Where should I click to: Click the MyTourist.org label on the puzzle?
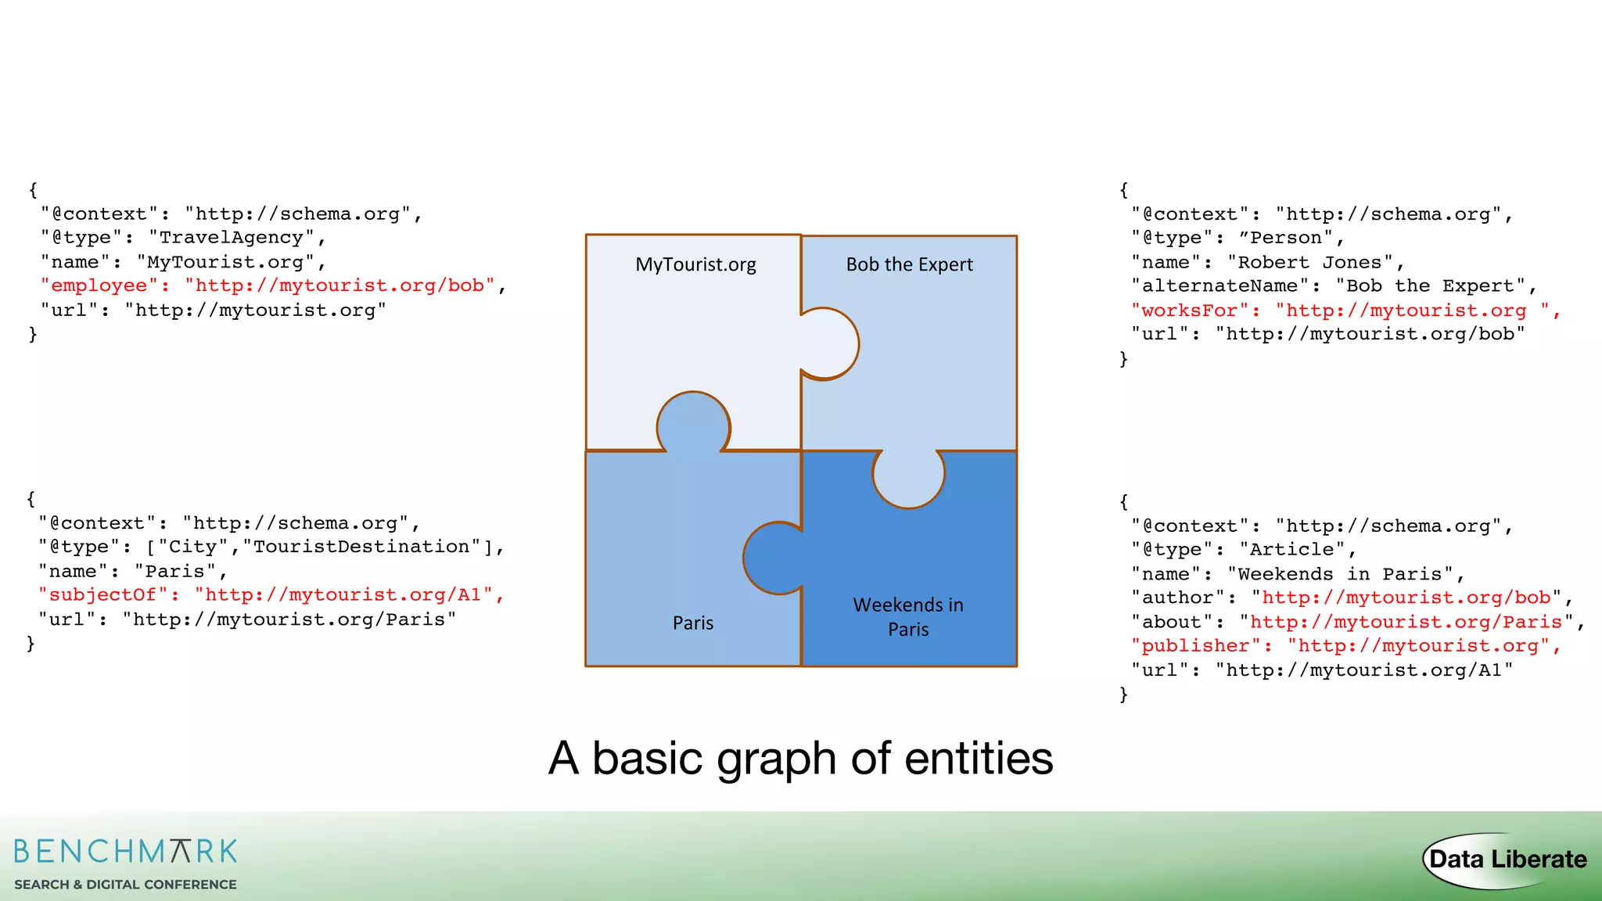695,264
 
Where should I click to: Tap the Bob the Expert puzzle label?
909,264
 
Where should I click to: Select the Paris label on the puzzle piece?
693,623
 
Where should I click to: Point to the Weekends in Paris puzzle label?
908,617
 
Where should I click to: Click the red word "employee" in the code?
99,285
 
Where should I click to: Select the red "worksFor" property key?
1189,311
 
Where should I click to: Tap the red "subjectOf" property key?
102,595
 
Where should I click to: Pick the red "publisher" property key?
1194,646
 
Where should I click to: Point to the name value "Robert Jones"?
1310,262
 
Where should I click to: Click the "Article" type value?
1291,550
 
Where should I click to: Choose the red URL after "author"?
1406,598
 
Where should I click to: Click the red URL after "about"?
1406,622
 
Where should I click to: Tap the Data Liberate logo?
1507,860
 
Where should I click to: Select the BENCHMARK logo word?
125,851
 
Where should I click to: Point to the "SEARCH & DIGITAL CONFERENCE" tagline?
125,885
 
